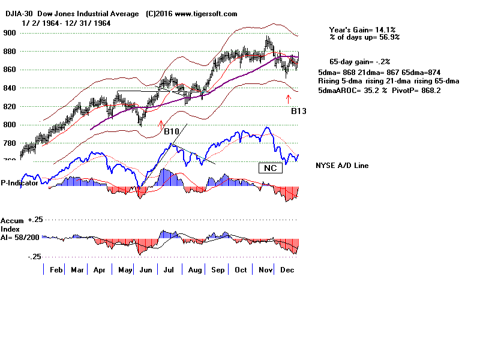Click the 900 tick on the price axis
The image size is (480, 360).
10,33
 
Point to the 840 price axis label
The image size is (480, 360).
10,88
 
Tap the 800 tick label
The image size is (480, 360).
10,125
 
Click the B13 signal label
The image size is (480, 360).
299,111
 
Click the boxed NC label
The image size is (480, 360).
270,168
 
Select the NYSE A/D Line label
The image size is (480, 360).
342,166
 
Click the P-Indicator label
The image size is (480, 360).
20,183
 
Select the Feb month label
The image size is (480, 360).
56,270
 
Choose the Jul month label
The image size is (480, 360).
169,270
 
